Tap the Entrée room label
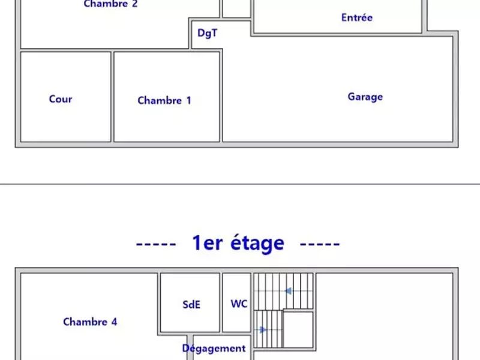coord(356,17)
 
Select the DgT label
coord(207,34)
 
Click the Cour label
coord(61,99)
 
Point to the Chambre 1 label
coord(164,100)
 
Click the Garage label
coord(365,97)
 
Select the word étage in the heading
coord(255,243)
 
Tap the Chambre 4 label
coord(90,322)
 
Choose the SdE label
coord(191,304)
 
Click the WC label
coord(239,304)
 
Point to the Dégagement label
coord(214,348)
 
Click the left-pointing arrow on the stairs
coord(289,292)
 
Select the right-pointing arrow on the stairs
coord(262,329)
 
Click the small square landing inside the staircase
coord(298,328)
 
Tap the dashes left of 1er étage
coord(156,244)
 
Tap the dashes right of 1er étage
coord(320,244)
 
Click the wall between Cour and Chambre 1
coord(112,97)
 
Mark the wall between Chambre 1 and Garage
coord(221,97)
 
